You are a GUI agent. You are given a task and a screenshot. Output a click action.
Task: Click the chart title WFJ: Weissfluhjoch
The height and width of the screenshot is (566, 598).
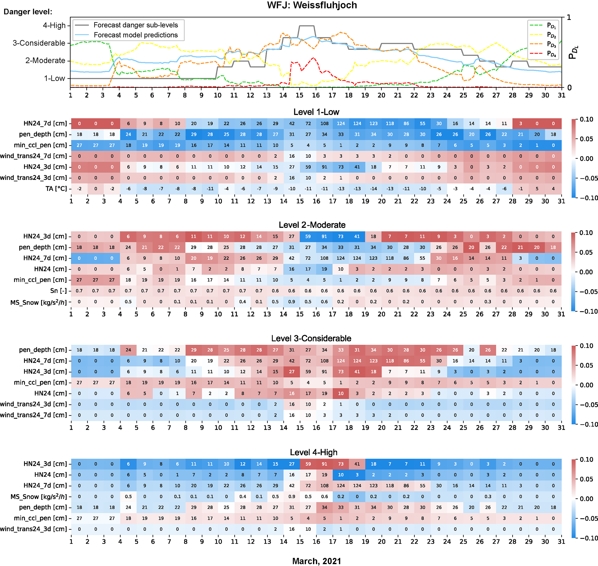coord(312,5)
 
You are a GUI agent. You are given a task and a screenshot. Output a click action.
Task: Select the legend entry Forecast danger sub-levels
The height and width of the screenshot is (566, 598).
coord(135,25)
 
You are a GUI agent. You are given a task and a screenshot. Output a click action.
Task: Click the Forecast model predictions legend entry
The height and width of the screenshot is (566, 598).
coord(135,35)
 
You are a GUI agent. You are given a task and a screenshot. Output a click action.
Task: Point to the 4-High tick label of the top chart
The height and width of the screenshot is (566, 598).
coord(54,25)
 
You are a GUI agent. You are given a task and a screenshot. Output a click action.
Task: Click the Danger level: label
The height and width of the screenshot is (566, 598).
coord(28,12)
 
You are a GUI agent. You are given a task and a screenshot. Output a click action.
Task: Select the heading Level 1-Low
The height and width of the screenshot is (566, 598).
coord(316,112)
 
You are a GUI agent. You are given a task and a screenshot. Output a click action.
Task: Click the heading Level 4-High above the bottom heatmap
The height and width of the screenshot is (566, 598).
coord(314,452)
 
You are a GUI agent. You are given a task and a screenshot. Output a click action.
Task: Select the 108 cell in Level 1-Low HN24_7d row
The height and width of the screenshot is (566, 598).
coord(324,124)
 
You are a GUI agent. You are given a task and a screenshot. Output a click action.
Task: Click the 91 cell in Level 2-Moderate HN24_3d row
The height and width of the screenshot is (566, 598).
coord(324,237)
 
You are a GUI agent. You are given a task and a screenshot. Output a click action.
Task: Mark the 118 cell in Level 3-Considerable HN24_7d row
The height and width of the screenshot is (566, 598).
coord(390,361)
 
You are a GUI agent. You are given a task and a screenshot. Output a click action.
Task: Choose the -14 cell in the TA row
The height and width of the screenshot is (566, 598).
coord(373,189)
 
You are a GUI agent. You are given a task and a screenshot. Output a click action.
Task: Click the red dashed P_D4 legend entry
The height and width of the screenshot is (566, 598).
coord(551,54)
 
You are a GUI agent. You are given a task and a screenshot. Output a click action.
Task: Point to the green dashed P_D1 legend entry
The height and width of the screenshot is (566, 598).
coord(551,25)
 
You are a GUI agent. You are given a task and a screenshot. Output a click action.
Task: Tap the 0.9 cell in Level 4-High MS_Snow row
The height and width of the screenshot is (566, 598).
coord(292,497)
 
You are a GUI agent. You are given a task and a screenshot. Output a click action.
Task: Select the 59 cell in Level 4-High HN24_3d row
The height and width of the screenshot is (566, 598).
coord(308,464)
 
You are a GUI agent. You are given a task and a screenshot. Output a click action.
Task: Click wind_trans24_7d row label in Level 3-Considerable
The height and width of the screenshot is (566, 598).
coord(34,415)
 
